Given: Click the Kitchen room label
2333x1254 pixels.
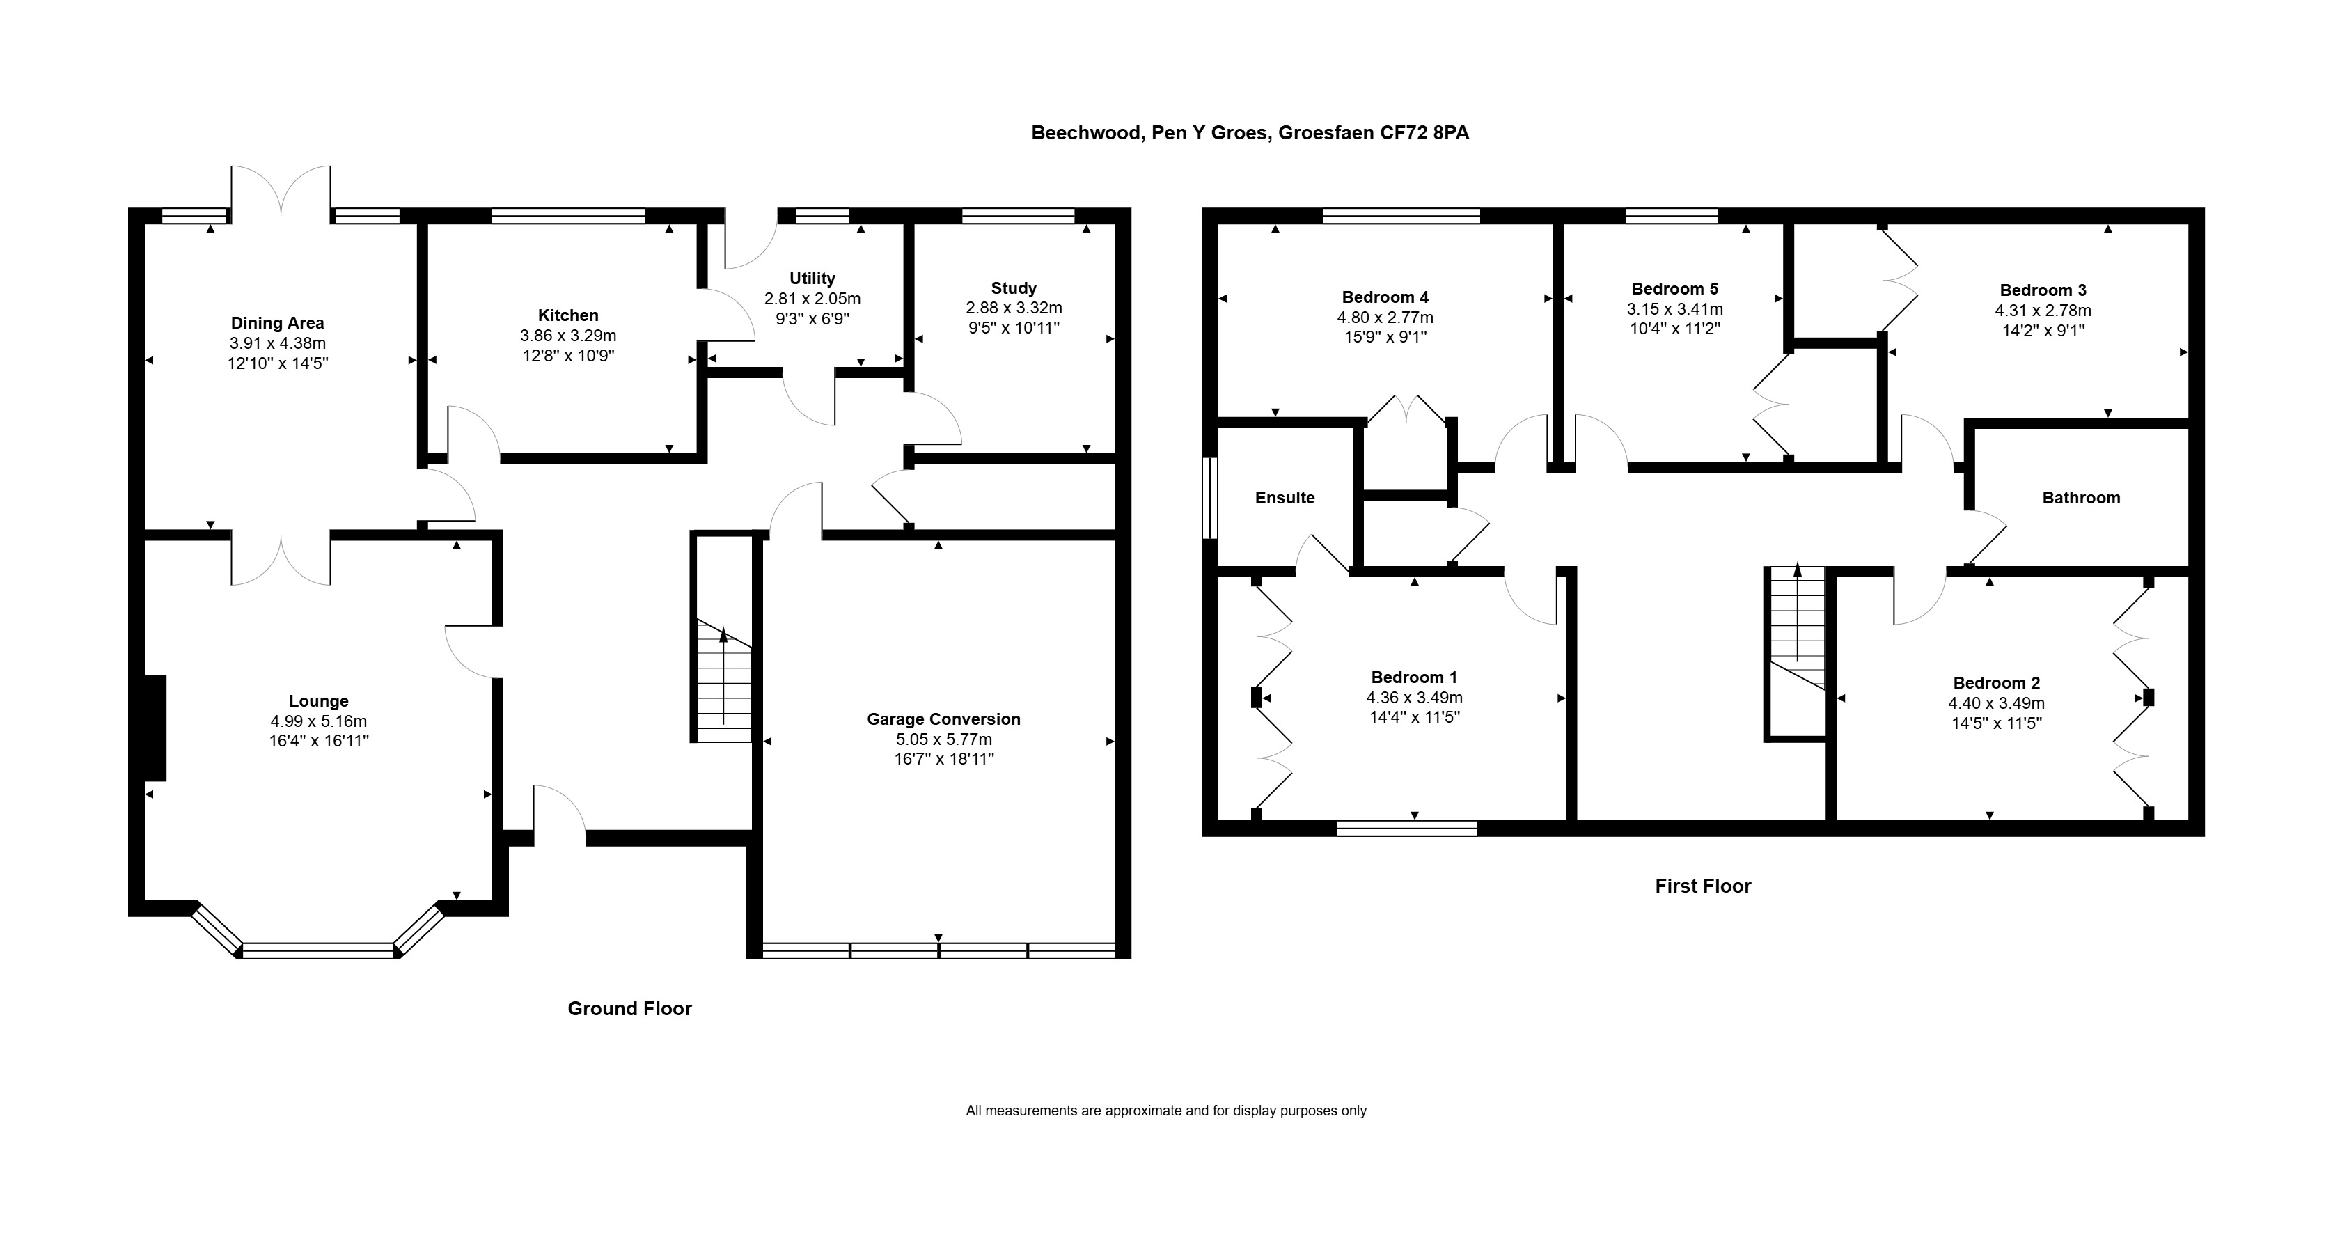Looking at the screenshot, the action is [x=568, y=315].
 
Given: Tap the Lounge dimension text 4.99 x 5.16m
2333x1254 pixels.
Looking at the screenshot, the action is [x=318, y=721].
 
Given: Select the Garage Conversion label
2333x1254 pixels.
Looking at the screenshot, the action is [x=943, y=719].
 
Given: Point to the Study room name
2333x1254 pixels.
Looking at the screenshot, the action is [x=1014, y=288].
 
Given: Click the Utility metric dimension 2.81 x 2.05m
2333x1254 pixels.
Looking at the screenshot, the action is [x=812, y=299].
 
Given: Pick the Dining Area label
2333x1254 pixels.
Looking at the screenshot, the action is [x=277, y=324].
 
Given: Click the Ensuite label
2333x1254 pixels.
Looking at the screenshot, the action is [x=1285, y=497].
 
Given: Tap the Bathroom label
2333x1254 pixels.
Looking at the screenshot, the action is [x=2081, y=497].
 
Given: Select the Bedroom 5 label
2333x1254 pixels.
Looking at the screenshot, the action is [x=1674, y=289].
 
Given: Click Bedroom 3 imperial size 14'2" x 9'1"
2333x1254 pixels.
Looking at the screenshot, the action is [x=2043, y=331].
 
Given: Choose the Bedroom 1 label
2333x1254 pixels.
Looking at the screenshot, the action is [x=1415, y=677].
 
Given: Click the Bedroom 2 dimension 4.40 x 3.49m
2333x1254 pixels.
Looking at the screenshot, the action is [x=1997, y=703].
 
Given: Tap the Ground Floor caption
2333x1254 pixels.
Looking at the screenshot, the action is [x=629, y=1008].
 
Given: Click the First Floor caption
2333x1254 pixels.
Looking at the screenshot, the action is [x=1703, y=886].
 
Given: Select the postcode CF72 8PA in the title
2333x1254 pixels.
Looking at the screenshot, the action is [x=1424, y=133].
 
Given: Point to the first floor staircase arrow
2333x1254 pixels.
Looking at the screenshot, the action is [x=1797, y=613].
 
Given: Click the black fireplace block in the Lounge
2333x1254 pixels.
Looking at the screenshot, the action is [x=155, y=728].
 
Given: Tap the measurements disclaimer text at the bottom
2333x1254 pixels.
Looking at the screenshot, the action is [x=1167, y=1111].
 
